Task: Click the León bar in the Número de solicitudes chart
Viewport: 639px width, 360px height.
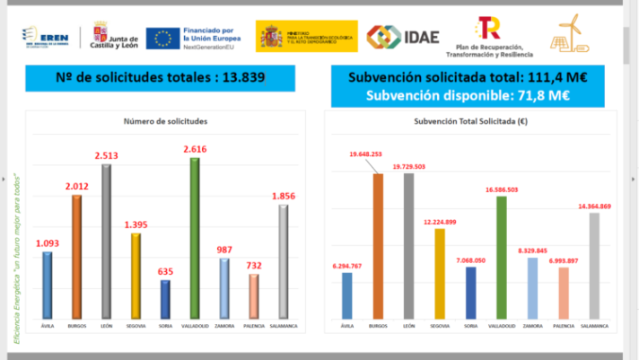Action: (x=108, y=242)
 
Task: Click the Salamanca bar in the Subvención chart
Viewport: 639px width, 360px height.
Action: (x=594, y=267)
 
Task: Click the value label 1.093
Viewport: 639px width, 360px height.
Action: (x=48, y=243)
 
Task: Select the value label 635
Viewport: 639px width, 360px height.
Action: (x=165, y=271)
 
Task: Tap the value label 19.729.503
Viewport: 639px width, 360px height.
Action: (x=408, y=166)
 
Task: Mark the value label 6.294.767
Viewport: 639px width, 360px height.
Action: (x=347, y=266)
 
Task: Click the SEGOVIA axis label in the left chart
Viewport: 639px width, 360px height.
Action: (x=136, y=326)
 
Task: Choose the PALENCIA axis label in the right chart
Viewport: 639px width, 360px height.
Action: (x=563, y=326)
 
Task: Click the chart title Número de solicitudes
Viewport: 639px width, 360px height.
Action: (x=165, y=121)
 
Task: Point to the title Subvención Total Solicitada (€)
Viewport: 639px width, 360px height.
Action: (x=470, y=121)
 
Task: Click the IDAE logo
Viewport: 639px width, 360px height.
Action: (x=403, y=36)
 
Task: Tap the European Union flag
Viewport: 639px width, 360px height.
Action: (x=162, y=38)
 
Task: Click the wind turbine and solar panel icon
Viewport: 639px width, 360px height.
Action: (x=571, y=35)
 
